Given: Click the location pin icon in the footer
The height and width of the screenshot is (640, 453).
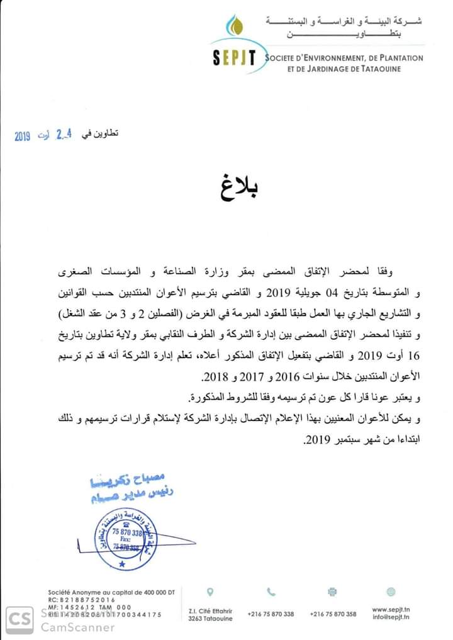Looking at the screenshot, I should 210,592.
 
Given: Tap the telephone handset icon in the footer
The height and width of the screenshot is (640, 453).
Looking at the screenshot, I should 271,592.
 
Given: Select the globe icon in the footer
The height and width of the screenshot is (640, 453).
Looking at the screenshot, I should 391,592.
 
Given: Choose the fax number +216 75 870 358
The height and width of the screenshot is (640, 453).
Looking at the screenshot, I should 333,614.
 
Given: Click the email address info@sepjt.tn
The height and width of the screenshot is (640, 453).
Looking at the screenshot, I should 391,618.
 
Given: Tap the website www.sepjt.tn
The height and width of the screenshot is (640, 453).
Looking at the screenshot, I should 391,609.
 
